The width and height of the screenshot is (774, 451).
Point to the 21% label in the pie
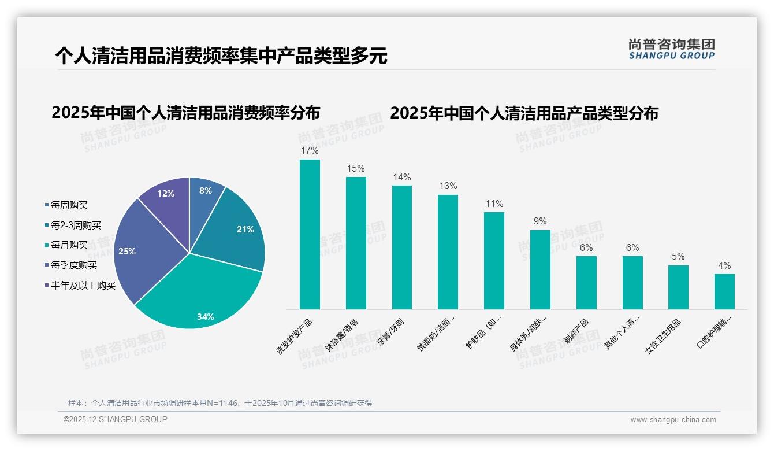245,230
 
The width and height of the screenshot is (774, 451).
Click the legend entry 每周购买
69,205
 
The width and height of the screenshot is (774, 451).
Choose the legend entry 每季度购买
73,265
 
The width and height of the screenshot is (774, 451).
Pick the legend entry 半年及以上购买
83,286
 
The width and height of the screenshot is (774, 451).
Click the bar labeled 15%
356,243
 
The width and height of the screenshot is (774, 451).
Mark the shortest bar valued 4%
724,291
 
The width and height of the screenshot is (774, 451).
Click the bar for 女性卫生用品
679,287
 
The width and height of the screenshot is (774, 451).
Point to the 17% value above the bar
310,150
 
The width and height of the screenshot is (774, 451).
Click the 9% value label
540,221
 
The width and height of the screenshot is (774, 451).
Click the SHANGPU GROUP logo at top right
671,49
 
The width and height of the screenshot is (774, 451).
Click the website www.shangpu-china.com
673,420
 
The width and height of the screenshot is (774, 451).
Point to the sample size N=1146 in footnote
219,403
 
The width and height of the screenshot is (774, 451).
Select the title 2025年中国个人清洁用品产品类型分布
524,113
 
